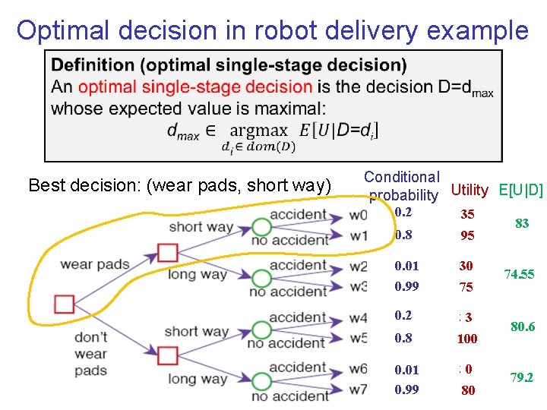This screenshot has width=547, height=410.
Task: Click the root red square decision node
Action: pyautogui.click(x=65, y=304)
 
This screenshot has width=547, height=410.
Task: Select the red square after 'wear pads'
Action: pyautogui.click(x=168, y=252)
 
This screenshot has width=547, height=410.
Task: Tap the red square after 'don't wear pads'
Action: pyautogui.click(x=168, y=355)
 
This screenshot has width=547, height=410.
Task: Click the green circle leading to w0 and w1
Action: pyautogui.click(x=261, y=227)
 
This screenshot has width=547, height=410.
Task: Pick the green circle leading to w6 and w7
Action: pyautogui.click(x=261, y=381)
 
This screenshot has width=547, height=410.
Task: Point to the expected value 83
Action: pyautogui.click(x=522, y=224)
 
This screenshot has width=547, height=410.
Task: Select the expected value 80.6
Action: pyautogui.click(x=523, y=327)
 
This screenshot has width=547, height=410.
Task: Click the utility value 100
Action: pyautogui.click(x=467, y=339)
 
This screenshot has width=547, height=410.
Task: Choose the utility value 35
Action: pyautogui.click(x=466, y=215)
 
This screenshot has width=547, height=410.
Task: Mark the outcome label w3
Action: pyautogui.click(x=359, y=287)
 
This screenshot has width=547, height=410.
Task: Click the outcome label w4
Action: pyautogui.click(x=359, y=318)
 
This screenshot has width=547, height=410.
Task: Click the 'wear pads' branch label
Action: pyautogui.click(x=95, y=265)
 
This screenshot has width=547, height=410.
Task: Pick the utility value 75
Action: pyautogui.click(x=466, y=287)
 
